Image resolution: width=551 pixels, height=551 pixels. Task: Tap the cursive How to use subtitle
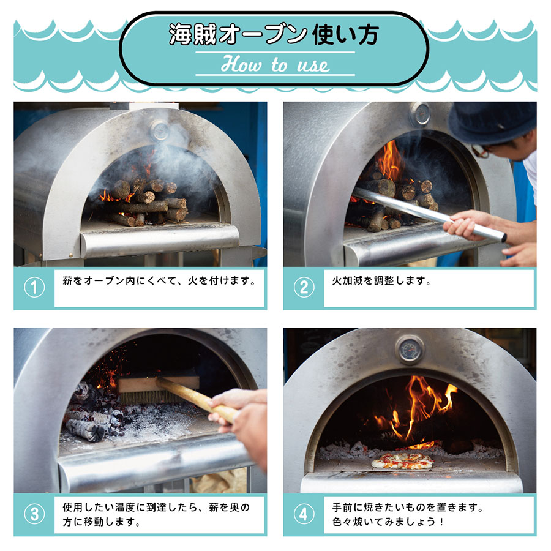point(275,64)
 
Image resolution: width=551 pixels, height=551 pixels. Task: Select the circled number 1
point(34,288)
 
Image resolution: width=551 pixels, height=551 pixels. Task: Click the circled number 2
point(304,288)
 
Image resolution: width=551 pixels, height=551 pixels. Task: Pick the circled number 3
point(34,514)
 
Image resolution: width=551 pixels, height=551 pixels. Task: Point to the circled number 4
point(304,514)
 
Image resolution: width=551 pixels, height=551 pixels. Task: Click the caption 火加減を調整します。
point(382,282)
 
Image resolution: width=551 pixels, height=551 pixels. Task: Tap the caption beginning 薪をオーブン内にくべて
point(159,282)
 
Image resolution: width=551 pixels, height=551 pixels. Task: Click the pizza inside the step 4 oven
point(402,460)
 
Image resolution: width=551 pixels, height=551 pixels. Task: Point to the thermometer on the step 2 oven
point(420,113)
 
